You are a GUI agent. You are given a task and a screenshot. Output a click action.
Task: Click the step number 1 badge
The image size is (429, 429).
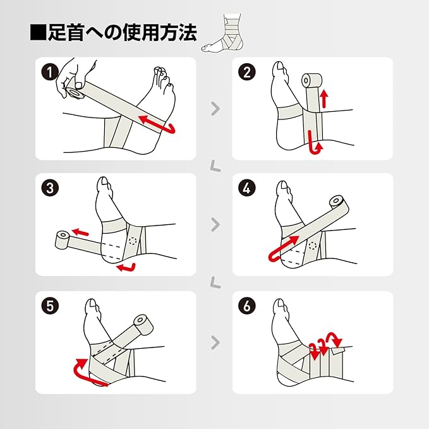pyautogui.click(x=50, y=72)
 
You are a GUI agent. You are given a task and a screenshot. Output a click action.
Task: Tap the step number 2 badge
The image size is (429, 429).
pyautogui.click(x=247, y=72)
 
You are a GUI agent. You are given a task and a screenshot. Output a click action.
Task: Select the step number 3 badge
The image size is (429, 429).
pyautogui.click(x=50, y=188)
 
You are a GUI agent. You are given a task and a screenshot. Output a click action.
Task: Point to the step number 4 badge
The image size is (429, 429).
pyautogui.click(x=247, y=188)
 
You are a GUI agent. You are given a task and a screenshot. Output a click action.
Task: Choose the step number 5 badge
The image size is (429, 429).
pyautogui.click(x=50, y=306)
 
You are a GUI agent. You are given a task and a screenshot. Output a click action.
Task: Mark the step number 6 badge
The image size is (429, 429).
pyautogui.click(x=247, y=306)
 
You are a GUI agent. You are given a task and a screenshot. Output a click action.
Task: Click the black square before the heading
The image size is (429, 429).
pyautogui.click(x=39, y=33)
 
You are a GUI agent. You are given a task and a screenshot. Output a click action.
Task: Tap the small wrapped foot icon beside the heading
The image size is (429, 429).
pyautogui.click(x=222, y=32)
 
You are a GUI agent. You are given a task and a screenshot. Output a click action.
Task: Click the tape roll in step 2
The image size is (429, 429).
pyautogui.click(x=311, y=80)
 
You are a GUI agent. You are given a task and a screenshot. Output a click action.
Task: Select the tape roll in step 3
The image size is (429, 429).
pyautogui.click(x=62, y=239)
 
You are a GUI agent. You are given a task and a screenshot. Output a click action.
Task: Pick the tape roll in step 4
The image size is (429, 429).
pyautogui.click(x=339, y=204)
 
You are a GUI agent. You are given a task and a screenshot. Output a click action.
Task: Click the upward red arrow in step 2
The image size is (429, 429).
pyautogui.click(x=324, y=99)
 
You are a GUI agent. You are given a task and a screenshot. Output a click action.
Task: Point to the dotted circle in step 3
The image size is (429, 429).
pyautogui.click(x=133, y=241)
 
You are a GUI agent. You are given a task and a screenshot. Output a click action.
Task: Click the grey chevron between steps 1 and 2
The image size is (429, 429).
pyautogui.click(x=215, y=109)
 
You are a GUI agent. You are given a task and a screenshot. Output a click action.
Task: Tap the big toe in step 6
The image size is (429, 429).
pyautogui.click(x=279, y=306)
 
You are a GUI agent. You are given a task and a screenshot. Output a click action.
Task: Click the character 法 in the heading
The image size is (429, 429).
pyautogui.click(x=188, y=33)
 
